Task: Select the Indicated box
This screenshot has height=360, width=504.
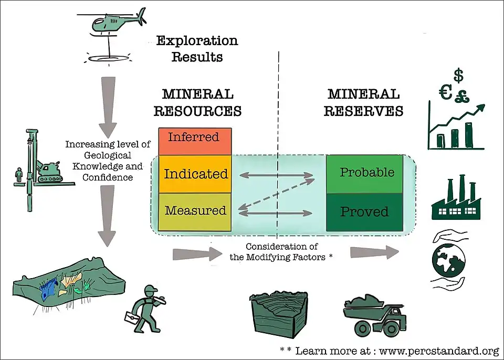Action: [195, 174]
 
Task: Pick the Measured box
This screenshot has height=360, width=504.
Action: [195, 211]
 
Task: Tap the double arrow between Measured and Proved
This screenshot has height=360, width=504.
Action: [276, 213]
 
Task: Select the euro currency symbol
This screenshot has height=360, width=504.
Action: [445, 93]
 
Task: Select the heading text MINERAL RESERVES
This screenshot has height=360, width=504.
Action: [363, 102]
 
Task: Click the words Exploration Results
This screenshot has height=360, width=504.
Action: [197, 48]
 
